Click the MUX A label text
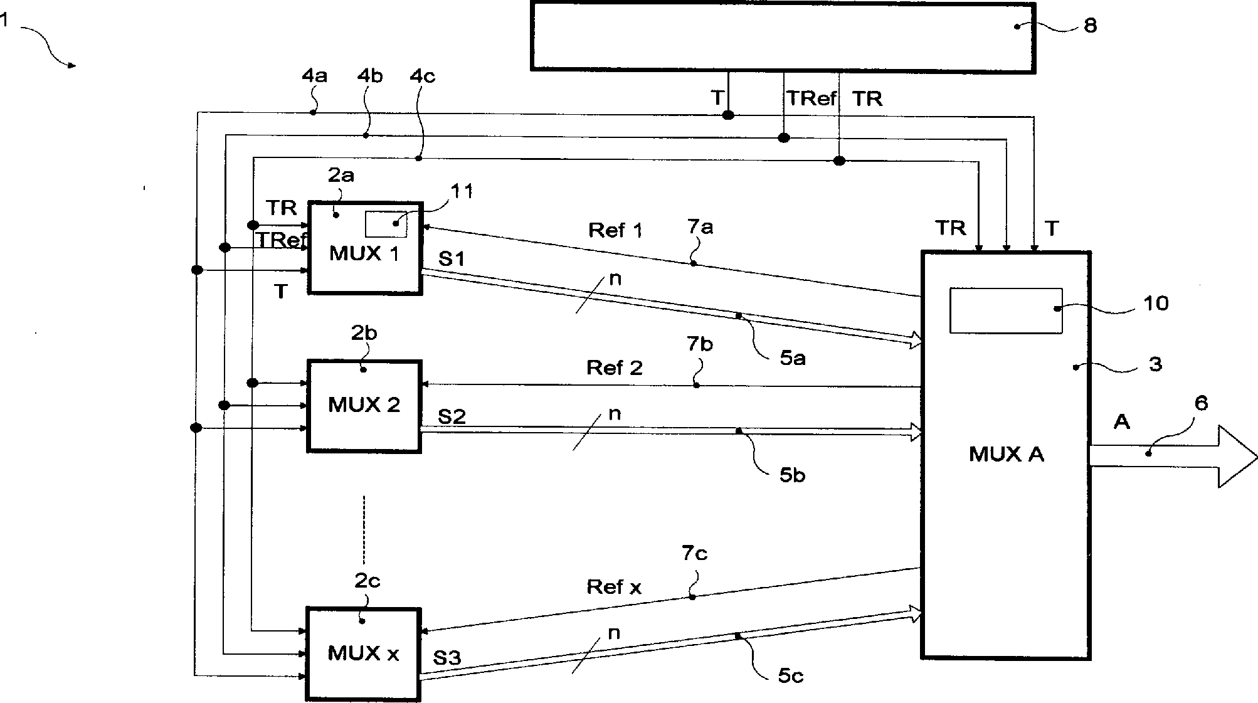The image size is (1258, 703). [x=1006, y=454]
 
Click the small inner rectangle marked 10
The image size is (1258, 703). [x=1005, y=310]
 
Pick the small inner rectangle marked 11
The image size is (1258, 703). [x=386, y=224]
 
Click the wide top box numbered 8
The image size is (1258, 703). [x=783, y=36]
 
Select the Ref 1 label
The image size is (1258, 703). [x=615, y=230]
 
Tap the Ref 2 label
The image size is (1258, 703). [x=614, y=367]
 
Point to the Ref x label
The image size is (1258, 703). [x=613, y=587]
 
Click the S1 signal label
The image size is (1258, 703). [x=451, y=258]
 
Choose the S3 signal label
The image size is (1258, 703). [x=447, y=657]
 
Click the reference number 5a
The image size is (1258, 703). [x=793, y=359]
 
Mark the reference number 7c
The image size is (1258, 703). [x=694, y=553]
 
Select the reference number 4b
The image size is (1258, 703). [x=370, y=76]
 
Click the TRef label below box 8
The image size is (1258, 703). [x=811, y=98]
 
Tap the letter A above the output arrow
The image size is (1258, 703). [x=1121, y=422]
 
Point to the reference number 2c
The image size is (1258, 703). [x=367, y=581]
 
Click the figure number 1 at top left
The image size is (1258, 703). [x=5, y=21]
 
